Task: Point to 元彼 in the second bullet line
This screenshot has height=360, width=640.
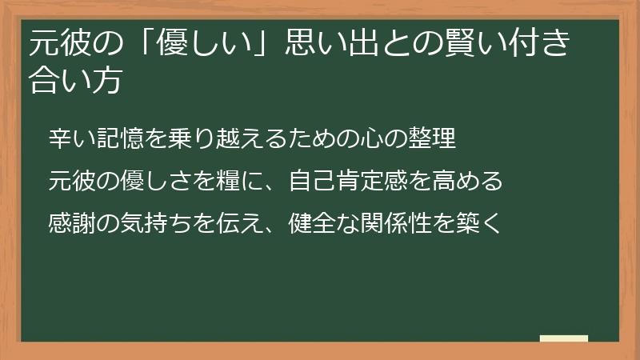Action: (x=70, y=180)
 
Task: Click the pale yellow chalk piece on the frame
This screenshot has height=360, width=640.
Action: (x=564, y=338)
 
